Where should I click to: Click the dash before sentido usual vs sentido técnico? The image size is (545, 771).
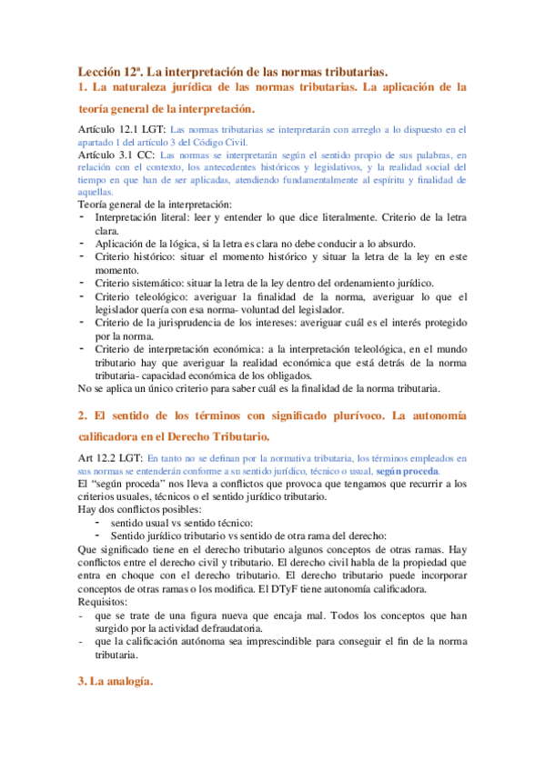tap(97, 522)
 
